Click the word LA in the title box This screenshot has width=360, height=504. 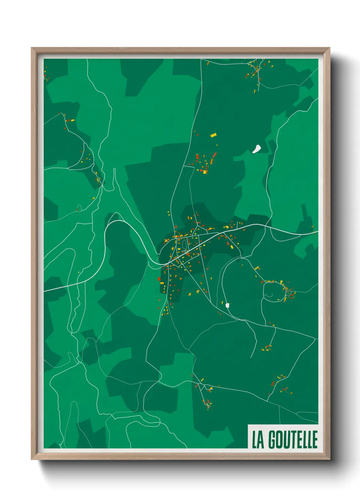click(x=258, y=440)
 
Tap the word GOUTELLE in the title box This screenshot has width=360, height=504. click(x=293, y=440)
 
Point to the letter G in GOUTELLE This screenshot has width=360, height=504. click(x=273, y=440)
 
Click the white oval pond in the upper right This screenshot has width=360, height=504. click(x=257, y=149)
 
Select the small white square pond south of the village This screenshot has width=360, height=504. click(x=227, y=305)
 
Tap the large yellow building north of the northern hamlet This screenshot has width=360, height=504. click(x=213, y=135)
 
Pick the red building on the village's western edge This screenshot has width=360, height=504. click(x=159, y=279)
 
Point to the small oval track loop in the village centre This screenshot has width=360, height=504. click(x=184, y=244)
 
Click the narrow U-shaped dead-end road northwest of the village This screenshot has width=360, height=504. click(x=114, y=177)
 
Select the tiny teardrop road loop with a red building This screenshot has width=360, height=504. click(x=79, y=207)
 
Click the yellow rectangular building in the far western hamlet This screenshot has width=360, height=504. click(x=72, y=120)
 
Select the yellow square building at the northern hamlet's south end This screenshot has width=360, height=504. click(x=205, y=172)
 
